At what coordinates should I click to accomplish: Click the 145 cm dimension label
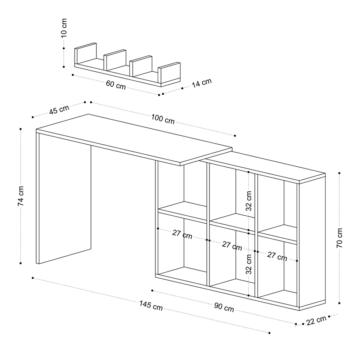(151, 306)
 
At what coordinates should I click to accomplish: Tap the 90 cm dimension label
(224, 307)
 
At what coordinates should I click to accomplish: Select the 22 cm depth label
(316, 320)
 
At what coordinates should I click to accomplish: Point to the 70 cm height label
(339, 238)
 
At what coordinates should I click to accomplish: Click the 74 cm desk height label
(21, 196)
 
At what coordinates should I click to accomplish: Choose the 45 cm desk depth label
(59, 110)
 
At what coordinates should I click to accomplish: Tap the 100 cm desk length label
(163, 119)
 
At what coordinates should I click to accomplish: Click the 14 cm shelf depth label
(202, 83)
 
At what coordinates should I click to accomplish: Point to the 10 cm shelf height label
(64, 28)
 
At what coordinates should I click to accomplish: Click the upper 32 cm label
(249, 201)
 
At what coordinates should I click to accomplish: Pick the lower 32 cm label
(249, 264)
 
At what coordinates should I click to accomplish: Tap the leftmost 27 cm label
(182, 234)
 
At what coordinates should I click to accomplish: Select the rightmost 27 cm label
(277, 256)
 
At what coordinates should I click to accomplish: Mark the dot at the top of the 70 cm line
(339, 173)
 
